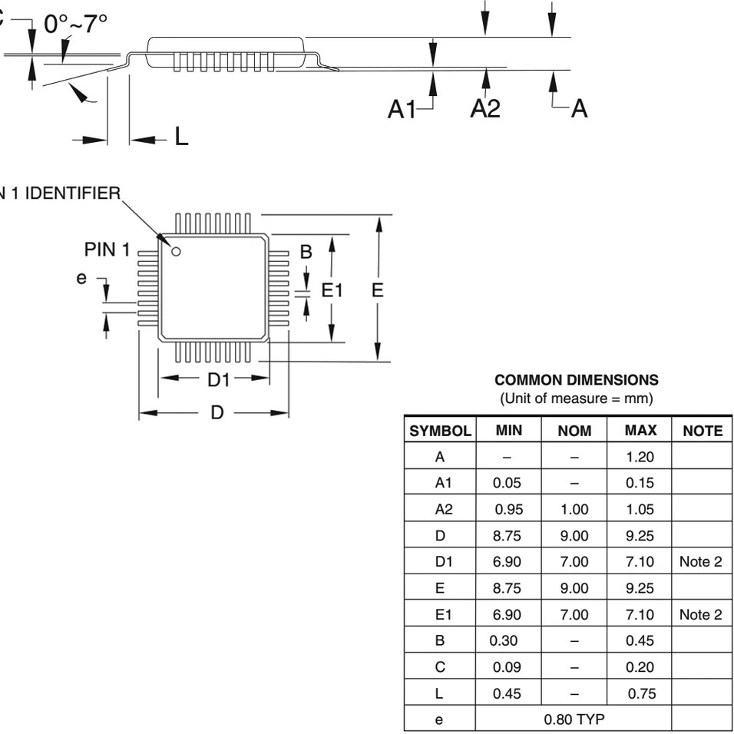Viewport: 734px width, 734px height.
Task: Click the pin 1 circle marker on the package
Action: coord(176,251)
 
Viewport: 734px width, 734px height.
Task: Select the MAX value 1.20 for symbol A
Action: coord(640,458)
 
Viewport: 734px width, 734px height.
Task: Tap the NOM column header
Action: coord(575,431)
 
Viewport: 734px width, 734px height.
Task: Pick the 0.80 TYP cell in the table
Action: coord(574,719)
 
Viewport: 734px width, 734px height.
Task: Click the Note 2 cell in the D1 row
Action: coord(700,562)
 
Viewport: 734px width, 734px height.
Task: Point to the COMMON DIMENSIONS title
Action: coord(577,380)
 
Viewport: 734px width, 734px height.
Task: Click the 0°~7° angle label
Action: coord(76,25)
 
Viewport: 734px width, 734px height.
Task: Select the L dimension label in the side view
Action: coord(180,137)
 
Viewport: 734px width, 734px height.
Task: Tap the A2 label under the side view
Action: coord(484,109)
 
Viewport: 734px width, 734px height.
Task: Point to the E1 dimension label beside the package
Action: coord(332,289)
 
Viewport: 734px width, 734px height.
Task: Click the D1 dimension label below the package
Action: coord(220,379)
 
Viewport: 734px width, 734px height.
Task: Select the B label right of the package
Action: coord(306,252)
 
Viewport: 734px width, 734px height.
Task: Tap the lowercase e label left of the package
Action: coord(81,278)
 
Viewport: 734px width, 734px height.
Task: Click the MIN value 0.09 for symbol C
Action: coord(508,667)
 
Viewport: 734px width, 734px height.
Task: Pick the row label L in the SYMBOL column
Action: coord(440,693)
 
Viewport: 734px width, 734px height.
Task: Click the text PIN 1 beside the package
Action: coord(107,250)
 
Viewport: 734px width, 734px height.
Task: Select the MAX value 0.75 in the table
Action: coord(640,693)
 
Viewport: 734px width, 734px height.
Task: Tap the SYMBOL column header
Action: coord(440,431)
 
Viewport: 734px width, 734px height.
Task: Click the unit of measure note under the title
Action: coord(576,398)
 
